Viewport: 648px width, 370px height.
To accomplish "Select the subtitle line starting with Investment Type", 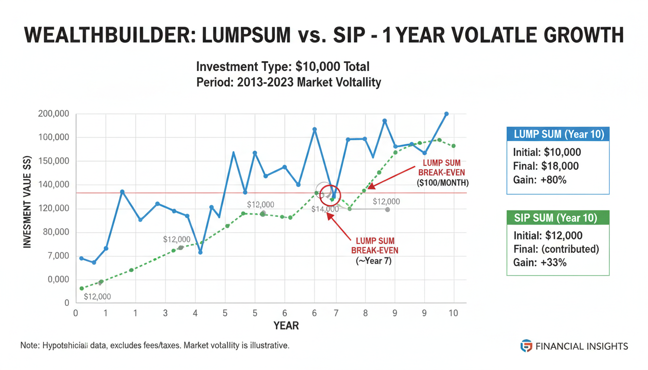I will tap(283, 66).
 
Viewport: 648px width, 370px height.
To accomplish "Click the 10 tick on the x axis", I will tap(453, 313).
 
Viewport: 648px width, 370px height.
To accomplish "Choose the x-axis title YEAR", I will tap(286, 326).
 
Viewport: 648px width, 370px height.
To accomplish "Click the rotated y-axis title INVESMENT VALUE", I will tap(27, 202).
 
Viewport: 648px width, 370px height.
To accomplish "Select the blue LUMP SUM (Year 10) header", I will tap(558, 134).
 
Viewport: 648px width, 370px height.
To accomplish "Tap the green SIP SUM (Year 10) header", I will tap(558, 218).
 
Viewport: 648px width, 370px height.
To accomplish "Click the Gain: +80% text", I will tap(539, 180).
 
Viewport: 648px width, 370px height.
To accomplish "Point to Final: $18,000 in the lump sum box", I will tap(546, 166).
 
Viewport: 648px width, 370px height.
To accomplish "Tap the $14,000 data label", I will tap(324, 209).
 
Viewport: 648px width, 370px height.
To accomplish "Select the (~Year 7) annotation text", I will tap(374, 261).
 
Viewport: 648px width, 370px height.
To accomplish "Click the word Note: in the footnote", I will tap(30, 346).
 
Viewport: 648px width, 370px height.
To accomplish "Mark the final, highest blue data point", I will tap(446, 114).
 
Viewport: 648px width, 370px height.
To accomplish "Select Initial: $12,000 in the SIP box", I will tap(548, 236).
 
